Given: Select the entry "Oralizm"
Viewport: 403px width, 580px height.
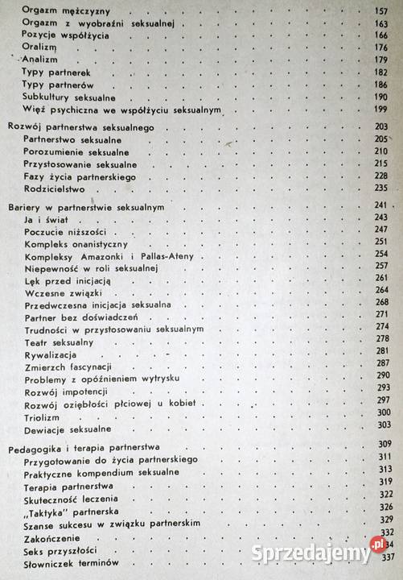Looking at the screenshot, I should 39,48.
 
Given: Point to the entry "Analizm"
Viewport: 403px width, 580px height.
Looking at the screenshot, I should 40,60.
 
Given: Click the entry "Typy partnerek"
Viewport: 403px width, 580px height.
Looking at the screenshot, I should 56,72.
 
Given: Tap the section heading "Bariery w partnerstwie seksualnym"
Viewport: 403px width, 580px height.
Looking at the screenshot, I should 86,206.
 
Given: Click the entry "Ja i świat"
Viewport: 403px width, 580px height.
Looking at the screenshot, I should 47,218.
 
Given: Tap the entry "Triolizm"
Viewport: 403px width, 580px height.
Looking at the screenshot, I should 43,416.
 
